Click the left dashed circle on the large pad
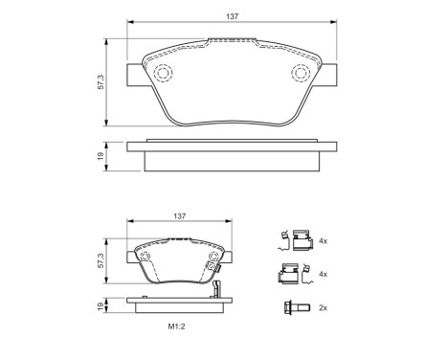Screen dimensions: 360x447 tap(162, 73)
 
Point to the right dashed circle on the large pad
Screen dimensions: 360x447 tap(299, 73)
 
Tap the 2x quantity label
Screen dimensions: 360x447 tap(324, 307)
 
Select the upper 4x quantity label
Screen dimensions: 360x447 tap(324, 240)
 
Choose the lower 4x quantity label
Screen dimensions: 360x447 tap(324, 275)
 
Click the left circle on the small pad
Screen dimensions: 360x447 tap(145, 257)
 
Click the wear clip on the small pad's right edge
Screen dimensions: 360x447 tap(221, 283)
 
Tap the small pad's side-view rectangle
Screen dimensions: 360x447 tap(179, 308)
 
